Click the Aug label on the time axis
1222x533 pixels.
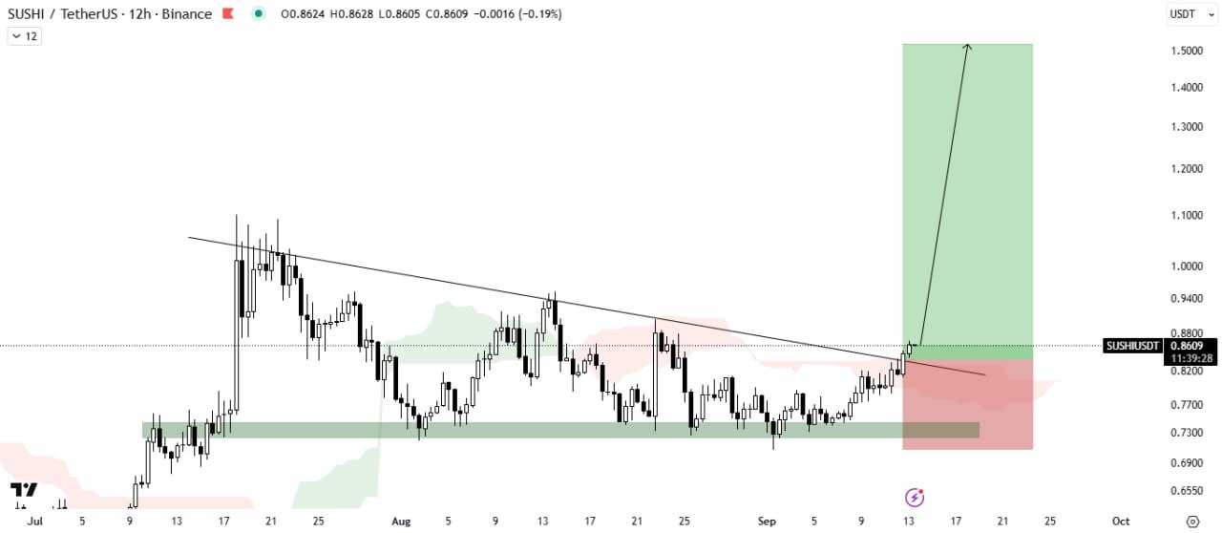401,522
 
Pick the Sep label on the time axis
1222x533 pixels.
766,522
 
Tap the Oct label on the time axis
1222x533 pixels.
1121,522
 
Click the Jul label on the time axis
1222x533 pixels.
35,522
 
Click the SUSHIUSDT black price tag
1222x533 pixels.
1132,346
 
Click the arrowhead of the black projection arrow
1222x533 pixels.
968,47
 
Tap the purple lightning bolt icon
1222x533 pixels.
915,497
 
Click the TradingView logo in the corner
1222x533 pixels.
24,491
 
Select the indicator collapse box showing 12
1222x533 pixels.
25,36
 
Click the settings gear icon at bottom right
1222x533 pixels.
1191,522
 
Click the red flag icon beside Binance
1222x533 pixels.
228,14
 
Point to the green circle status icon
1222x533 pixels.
258,14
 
